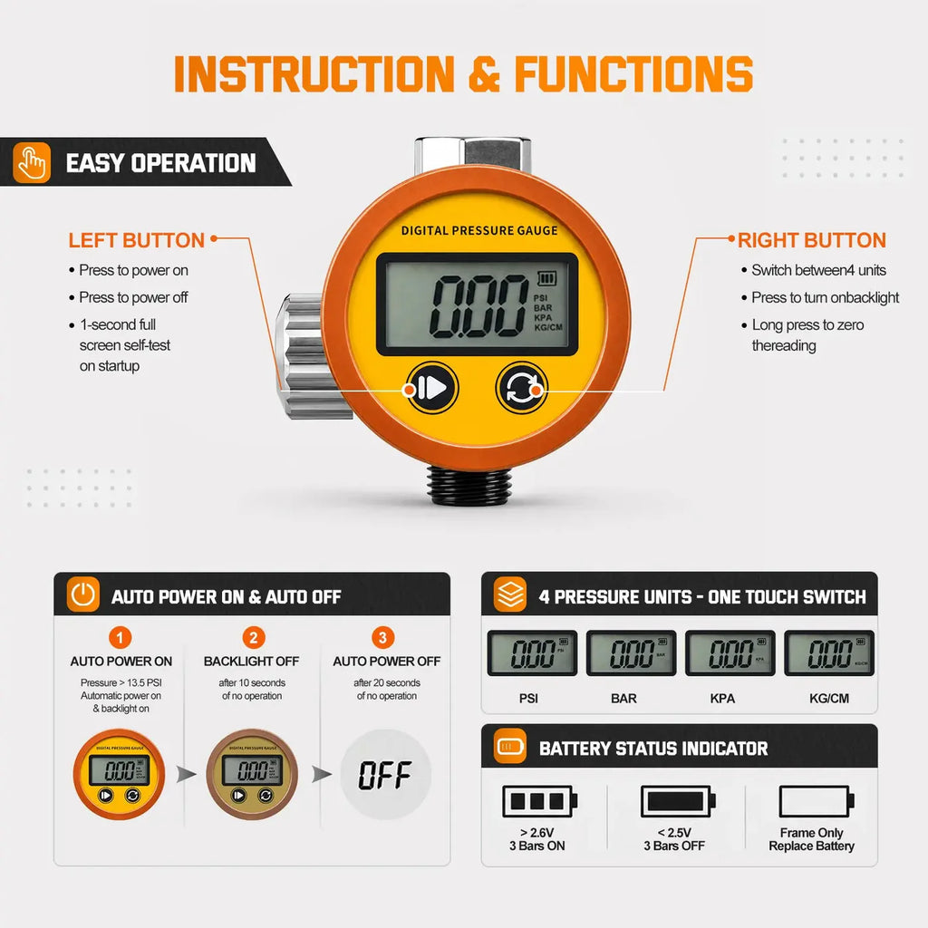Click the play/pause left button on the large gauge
click(x=432, y=388)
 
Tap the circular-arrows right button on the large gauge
click(x=521, y=388)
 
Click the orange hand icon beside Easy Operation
click(x=32, y=162)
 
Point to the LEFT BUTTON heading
click(x=136, y=240)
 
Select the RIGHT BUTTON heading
click(x=811, y=240)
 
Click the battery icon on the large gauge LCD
click(x=546, y=278)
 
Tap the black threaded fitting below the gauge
click(x=469, y=487)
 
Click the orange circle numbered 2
click(x=254, y=637)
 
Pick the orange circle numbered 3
click(x=383, y=637)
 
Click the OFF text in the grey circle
click(x=385, y=775)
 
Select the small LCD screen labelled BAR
click(x=631, y=652)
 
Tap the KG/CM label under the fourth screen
click(x=829, y=699)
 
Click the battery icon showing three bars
click(x=539, y=801)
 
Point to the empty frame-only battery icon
click(x=817, y=801)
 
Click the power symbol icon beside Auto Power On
click(x=83, y=594)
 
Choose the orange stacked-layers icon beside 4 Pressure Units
click(x=510, y=594)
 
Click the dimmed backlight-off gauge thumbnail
click(x=252, y=774)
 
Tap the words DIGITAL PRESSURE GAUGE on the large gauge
click(x=479, y=231)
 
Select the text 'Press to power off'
click(x=133, y=297)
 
